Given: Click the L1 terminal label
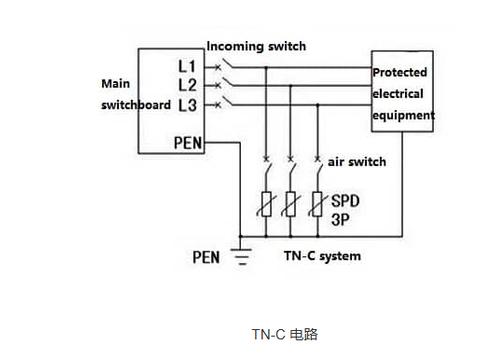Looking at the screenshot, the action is click(187, 66).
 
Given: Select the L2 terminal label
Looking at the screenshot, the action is click(187, 85).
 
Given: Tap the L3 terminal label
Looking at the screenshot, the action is click(187, 105).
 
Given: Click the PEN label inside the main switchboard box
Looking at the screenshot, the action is click(188, 143).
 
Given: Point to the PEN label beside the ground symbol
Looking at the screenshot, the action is click(206, 257).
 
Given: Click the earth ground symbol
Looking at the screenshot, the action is click(241, 256).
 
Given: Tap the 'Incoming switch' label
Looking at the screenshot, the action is click(256, 46).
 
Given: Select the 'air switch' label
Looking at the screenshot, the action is click(357, 162).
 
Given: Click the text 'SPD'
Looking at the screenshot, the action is click(345, 201).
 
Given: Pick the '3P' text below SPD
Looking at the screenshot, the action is click(340, 220).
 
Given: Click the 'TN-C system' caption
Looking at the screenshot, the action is click(322, 256).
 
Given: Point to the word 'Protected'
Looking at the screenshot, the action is click(400, 72).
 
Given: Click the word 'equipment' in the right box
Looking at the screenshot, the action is click(403, 116).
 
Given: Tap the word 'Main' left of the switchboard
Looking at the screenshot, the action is click(116, 84).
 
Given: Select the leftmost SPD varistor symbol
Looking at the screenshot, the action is click(266, 204).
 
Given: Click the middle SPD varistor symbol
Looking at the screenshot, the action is click(291, 204).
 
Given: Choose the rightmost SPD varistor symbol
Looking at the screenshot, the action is click(317, 204).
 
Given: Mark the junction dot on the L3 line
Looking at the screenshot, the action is click(318, 105).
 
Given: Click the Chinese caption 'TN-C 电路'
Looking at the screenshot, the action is click(285, 334).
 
